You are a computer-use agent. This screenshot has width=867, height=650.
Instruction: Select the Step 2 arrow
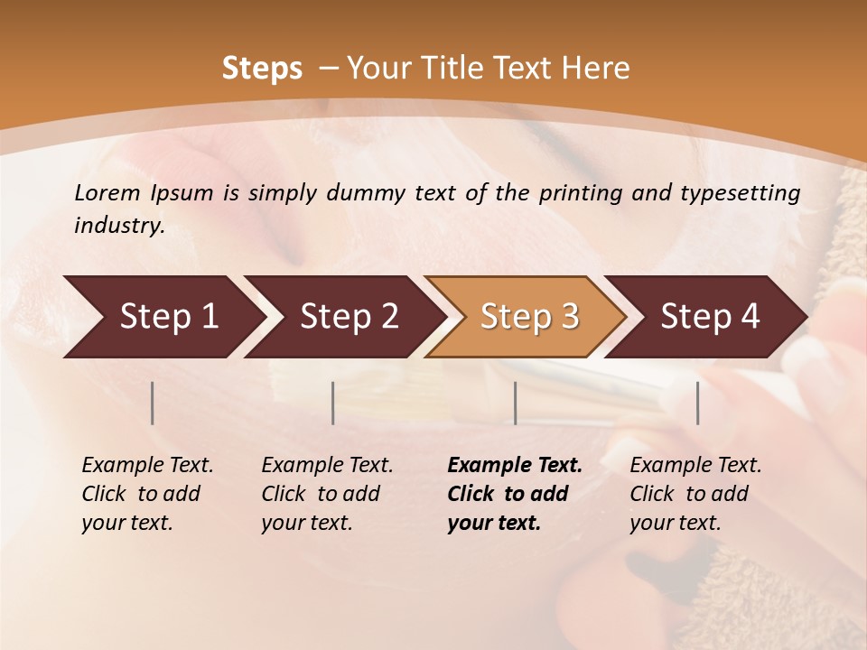tap(349, 316)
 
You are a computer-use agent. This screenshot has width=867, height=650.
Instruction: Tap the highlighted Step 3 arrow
tap(529, 316)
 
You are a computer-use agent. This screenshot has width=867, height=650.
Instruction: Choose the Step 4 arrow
tap(710, 316)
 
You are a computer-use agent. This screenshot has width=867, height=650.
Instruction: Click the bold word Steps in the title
tap(262, 69)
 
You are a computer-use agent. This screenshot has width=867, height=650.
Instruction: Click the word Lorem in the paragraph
tap(107, 192)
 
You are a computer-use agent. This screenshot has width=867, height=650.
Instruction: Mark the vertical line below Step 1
tap(153, 403)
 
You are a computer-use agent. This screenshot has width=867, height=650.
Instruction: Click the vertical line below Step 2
tap(333, 403)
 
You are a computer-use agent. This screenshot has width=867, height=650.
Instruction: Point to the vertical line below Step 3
tap(515, 403)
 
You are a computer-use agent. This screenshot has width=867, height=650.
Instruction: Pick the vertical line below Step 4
tap(697, 403)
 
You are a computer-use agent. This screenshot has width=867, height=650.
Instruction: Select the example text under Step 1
tap(147, 494)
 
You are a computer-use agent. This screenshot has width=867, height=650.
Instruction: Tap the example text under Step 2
tap(327, 494)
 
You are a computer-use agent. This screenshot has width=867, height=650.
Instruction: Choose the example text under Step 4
tap(695, 494)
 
